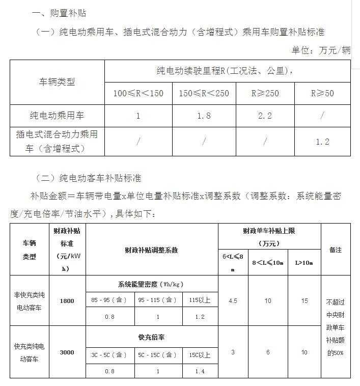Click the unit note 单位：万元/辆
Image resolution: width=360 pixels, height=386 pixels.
click(x=321, y=50)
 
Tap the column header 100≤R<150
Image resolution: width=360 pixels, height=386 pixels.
click(x=138, y=94)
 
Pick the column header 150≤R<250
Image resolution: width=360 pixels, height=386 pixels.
click(x=204, y=94)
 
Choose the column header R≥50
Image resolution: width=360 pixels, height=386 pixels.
click(x=322, y=94)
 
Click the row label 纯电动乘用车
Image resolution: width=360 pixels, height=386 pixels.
click(x=57, y=116)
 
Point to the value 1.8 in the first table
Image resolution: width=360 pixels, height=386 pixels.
click(x=204, y=116)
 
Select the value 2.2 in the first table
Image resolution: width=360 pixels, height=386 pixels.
click(x=265, y=116)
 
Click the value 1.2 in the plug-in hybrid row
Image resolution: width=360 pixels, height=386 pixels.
click(x=322, y=142)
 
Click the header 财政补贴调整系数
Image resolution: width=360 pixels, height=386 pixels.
click(x=151, y=250)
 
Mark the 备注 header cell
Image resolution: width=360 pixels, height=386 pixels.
click(x=336, y=250)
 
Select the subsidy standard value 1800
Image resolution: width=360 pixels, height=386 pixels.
click(x=67, y=301)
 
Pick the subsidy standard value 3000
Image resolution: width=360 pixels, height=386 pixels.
click(x=67, y=352)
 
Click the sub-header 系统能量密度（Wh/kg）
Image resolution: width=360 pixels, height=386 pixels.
click(x=151, y=284)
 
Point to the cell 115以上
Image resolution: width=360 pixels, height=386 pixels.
click(x=200, y=300)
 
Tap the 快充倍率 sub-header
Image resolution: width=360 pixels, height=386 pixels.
click(x=151, y=337)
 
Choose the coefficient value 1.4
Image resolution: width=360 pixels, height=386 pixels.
click(x=200, y=371)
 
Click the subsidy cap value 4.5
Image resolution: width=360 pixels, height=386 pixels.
click(x=233, y=301)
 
